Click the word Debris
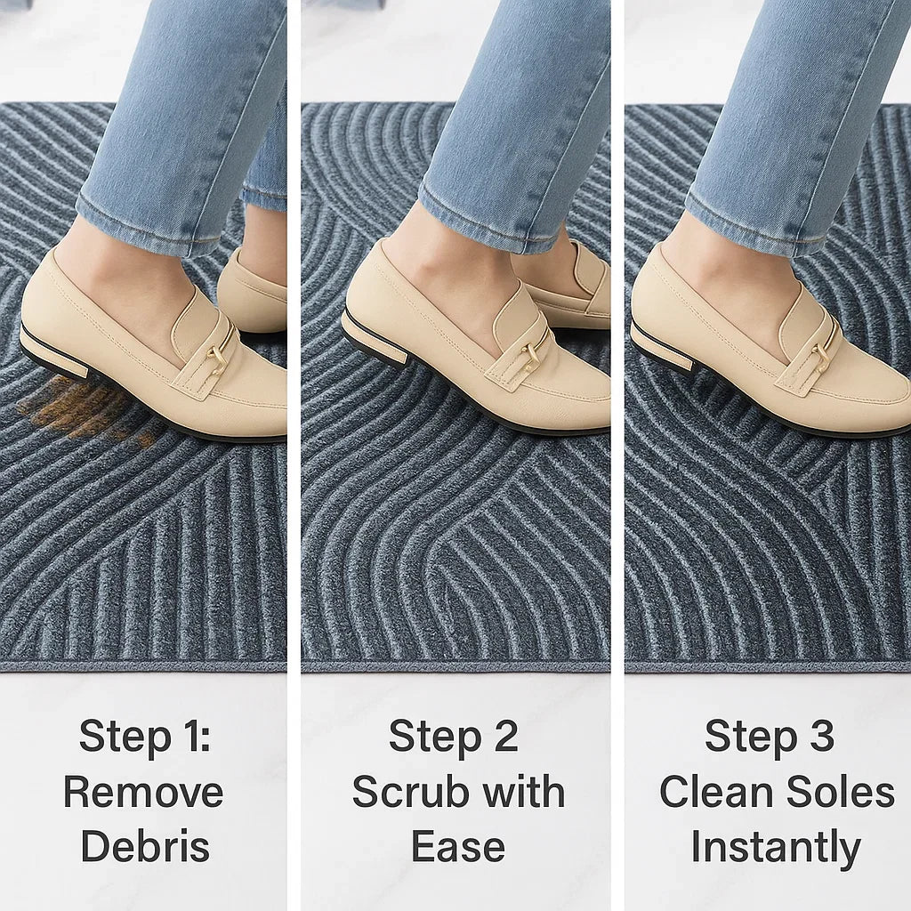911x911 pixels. pyautogui.click(x=145, y=846)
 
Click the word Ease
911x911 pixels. pyautogui.click(x=458, y=846)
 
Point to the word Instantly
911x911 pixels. pyautogui.click(x=776, y=848)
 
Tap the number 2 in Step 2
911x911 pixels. pyautogui.click(x=505, y=736)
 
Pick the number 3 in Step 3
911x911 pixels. pyautogui.click(x=820, y=736)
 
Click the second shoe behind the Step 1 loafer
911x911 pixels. pyautogui.click(x=253, y=291)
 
